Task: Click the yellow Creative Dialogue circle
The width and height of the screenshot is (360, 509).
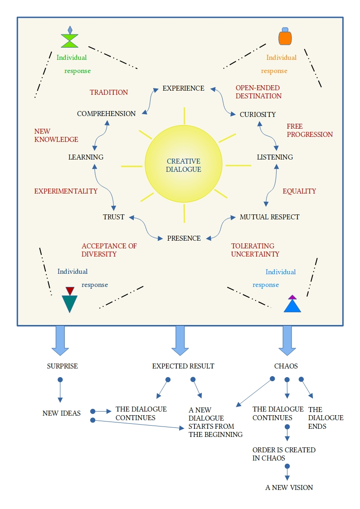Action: [x=184, y=165]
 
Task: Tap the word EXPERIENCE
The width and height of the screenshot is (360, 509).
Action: [x=184, y=88]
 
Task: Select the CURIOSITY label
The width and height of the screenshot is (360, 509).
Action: [x=258, y=115]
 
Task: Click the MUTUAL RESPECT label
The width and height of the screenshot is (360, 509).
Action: [x=269, y=217]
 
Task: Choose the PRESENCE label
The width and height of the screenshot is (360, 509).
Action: [x=184, y=238]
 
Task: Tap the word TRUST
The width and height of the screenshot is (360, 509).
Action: [x=113, y=217]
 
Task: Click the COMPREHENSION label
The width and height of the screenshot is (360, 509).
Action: [x=106, y=114]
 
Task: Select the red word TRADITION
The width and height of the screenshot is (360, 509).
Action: [x=109, y=92]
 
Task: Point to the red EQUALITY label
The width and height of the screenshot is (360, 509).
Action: [x=299, y=191]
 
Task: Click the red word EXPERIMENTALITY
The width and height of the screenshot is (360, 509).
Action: [x=66, y=191]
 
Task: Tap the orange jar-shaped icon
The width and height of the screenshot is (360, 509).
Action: [x=285, y=36]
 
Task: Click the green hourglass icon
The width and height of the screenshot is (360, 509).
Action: [x=70, y=39]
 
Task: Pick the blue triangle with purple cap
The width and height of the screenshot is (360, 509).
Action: [x=292, y=305]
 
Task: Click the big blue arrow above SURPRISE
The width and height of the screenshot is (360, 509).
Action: [x=60, y=340]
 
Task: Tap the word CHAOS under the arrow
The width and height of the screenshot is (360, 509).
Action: [x=286, y=366]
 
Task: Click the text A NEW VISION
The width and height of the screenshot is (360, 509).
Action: [x=289, y=488]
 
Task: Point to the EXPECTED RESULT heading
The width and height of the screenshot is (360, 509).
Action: [x=183, y=366]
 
